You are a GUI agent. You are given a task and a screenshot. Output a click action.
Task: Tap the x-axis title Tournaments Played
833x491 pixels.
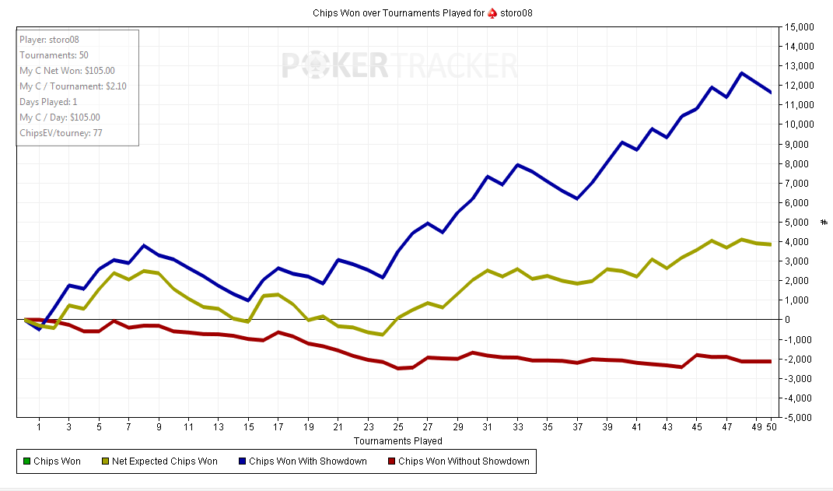click(x=398, y=440)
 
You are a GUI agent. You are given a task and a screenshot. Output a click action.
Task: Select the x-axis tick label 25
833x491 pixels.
click(x=398, y=427)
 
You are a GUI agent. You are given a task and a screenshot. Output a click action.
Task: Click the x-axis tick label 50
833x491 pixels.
click(x=771, y=427)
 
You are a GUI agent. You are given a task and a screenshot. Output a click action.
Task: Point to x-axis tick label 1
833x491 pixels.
click(x=39, y=427)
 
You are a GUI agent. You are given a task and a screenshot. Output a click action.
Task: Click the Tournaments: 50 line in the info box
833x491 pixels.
click(x=54, y=55)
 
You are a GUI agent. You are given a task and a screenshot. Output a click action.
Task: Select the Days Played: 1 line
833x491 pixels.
click(x=48, y=102)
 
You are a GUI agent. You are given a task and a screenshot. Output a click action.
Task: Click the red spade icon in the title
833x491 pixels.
click(x=492, y=13)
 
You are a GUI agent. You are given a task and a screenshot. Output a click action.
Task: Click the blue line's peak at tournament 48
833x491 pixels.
click(x=741, y=73)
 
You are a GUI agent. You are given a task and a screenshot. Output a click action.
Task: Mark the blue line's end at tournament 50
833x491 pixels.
click(x=771, y=93)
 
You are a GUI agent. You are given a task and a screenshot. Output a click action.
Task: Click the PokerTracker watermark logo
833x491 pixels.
click(x=399, y=65)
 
